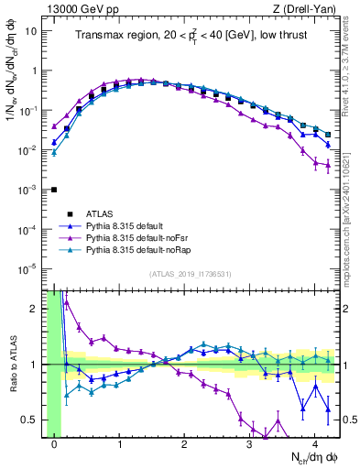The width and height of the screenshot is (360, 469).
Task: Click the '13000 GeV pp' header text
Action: coord(80,9)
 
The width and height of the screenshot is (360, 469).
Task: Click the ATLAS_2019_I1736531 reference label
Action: coord(190,274)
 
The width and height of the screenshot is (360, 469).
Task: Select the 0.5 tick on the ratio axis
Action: coord(35,420)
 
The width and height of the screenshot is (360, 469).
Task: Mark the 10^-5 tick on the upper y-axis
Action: coord(31,268)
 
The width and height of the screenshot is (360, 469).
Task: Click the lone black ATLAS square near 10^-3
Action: coord(55,190)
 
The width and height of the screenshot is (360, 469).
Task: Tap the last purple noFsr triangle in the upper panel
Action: coord(327,168)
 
